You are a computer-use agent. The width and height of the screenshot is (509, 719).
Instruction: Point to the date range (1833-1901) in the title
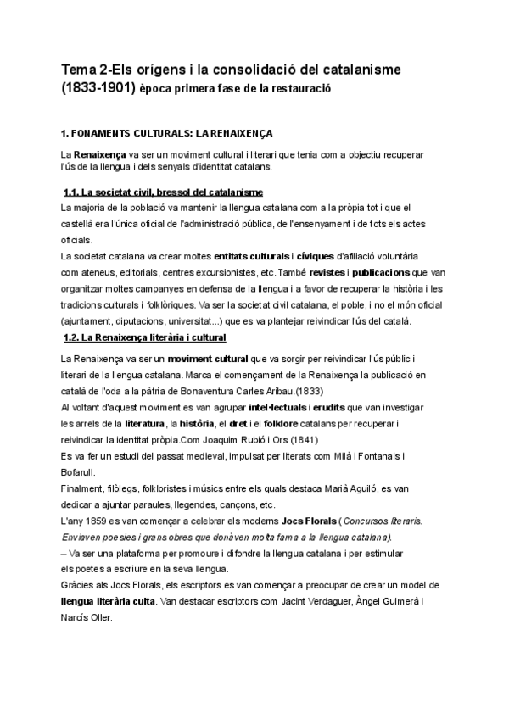97,87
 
